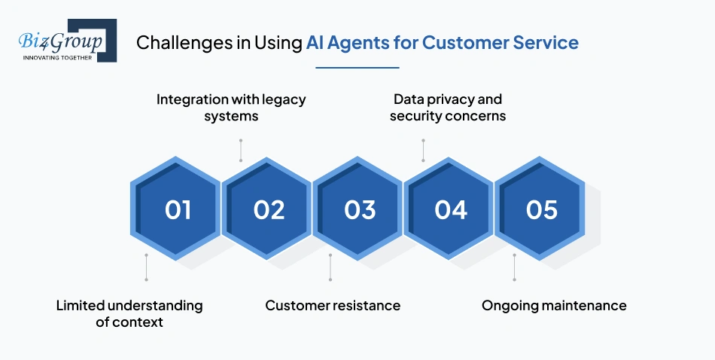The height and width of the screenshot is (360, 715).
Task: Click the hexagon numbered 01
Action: click(x=178, y=209)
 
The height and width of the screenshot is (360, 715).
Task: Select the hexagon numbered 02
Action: click(x=269, y=209)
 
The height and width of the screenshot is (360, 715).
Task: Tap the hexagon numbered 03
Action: click(x=360, y=209)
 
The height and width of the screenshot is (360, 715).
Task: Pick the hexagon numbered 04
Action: click(x=451, y=209)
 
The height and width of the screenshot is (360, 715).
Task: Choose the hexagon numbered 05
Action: click(x=542, y=209)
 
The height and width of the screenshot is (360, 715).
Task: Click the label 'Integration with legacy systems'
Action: click(x=231, y=108)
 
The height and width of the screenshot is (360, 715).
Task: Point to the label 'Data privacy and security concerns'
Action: click(x=448, y=108)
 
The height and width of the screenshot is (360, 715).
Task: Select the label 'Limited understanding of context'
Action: click(x=129, y=313)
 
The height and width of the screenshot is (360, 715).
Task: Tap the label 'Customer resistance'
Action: click(x=333, y=305)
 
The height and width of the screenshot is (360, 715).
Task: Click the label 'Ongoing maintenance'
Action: click(x=554, y=305)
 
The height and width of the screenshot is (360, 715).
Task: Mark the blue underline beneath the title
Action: click(x=357, y=68)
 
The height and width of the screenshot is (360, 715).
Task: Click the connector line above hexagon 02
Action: click(x=240, y=150)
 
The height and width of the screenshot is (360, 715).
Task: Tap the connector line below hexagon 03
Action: click(x=330, y=267)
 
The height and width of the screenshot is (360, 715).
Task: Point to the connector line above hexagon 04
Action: click(x=423, y=150)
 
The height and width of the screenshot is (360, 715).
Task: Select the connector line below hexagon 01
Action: click(x=146, y=267)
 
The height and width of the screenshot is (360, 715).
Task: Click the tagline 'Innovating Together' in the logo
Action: click(x=57, y=57)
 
